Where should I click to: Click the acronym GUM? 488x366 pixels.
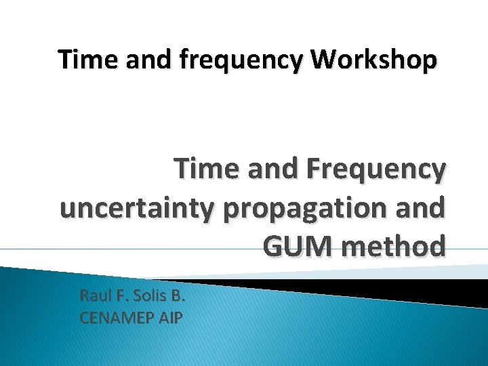[x=293, y=246]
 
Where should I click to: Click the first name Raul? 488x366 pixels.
[x=94, y=296]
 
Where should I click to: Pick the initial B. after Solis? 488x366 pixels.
[x=176, y=296]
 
